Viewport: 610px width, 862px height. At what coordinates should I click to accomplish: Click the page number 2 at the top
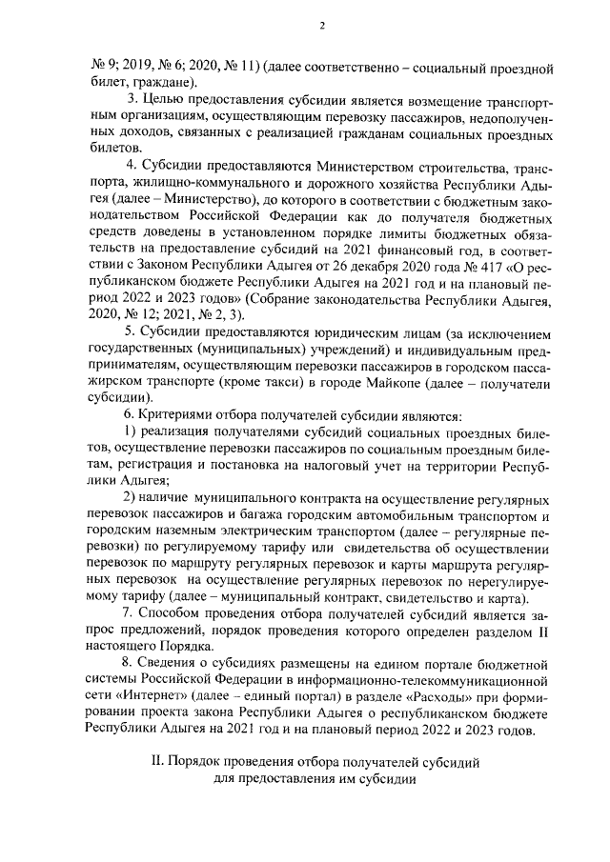[x=322, y=26]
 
